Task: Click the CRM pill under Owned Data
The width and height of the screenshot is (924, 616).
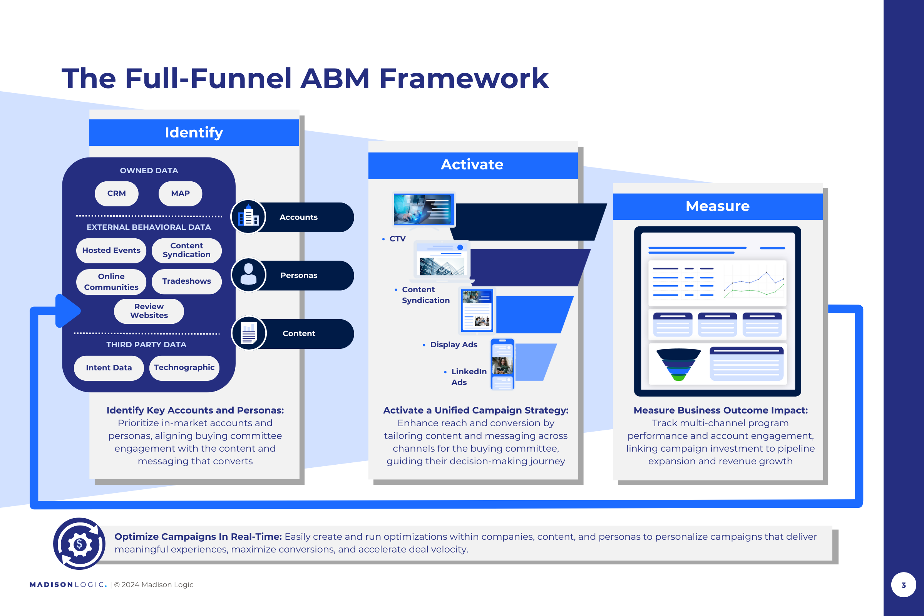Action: coord(116,193)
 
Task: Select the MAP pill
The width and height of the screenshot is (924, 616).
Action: coord(180,193)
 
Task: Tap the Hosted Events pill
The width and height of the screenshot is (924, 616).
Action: coord(111,250)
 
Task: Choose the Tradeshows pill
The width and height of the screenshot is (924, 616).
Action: coord(187,281)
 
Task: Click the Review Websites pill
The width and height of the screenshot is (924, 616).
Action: coord(149,311)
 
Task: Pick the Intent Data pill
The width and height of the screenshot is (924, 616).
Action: coord(109,368)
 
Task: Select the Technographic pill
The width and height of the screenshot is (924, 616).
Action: coord(184,368)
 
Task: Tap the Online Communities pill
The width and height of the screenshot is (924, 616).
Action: coord(111,281)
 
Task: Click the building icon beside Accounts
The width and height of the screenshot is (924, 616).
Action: coord(248,217)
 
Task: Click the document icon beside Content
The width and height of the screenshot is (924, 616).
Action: coord(249,333)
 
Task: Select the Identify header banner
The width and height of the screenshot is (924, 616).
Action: coord(194,132)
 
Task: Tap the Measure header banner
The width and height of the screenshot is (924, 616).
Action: coord(718,206)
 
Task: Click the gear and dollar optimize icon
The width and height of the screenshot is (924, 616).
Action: coord(79,544)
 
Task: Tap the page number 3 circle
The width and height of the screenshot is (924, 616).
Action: coord(904,584)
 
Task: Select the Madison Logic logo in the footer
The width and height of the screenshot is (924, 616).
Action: coord(68,584)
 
